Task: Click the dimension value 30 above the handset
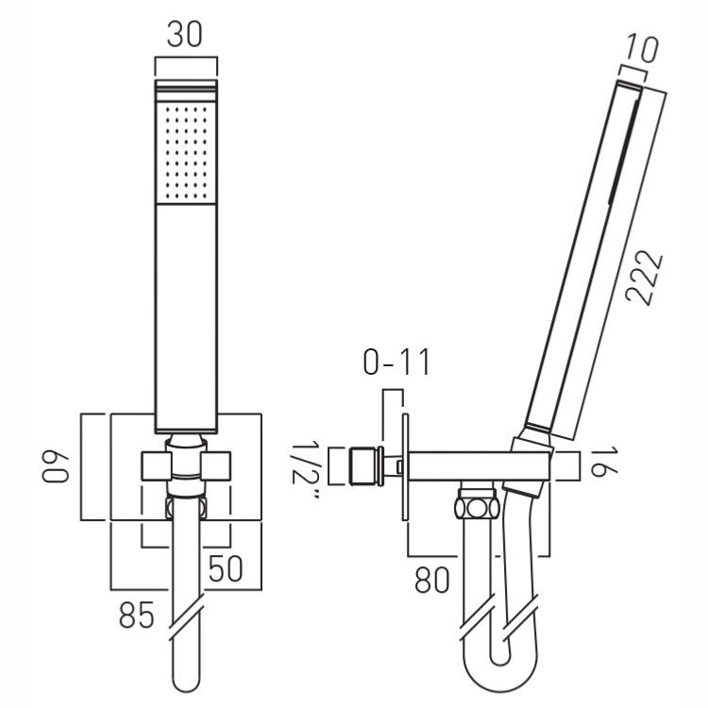click(185, 34)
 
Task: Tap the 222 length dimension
click(645, 278)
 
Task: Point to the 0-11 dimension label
click(396, 362)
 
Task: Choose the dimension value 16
click(598, 462)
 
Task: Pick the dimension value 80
click(432, 580)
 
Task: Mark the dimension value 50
click(226, 569)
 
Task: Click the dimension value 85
click(137, 615)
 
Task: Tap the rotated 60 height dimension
click(55, 467)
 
